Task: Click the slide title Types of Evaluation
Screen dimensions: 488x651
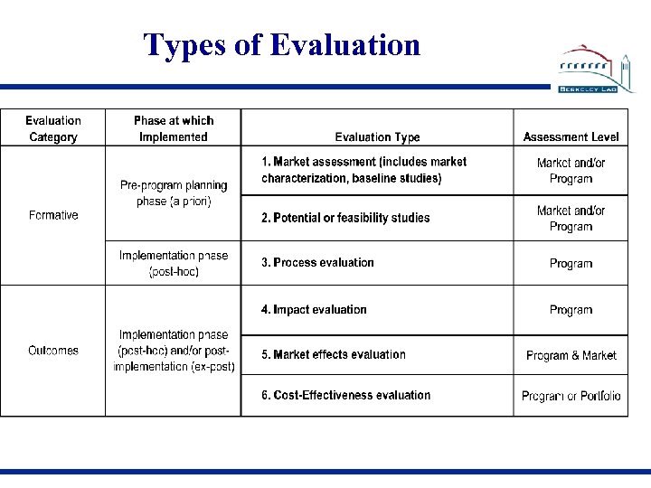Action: [x=281, y=44]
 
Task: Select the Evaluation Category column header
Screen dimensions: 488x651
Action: [x=53, y=128]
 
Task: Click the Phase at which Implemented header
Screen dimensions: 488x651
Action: [x=174, y=128]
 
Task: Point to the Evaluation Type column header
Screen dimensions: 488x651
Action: [x=377, y=137]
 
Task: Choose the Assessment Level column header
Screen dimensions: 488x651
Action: [x=571, y=137]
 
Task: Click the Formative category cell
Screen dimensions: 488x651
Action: [x=53, y=215]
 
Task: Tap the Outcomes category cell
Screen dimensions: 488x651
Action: [x=53, y=351]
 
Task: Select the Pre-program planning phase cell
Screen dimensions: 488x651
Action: [x=174, y=193]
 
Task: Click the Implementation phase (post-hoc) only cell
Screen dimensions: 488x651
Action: [x=174, y=263]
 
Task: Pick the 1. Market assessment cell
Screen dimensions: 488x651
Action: [x=364, y=170]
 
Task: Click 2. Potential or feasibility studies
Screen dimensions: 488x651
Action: [x=345, y=218]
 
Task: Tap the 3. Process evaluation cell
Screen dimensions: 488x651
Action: [x=317, y=263]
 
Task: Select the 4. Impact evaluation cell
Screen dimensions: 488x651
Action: [x=314, y=310]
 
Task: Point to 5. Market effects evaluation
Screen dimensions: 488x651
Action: [x=334, y=355]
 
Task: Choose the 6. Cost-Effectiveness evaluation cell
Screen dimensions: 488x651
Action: [x=345, y=395]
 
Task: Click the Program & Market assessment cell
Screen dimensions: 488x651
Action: [x=571, y=355]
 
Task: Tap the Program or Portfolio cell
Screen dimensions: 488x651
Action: [x=571, y=396]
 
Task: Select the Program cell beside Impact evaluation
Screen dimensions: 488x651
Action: [x=571, y=310]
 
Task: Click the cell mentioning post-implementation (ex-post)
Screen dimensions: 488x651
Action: [x=174, y=351]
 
